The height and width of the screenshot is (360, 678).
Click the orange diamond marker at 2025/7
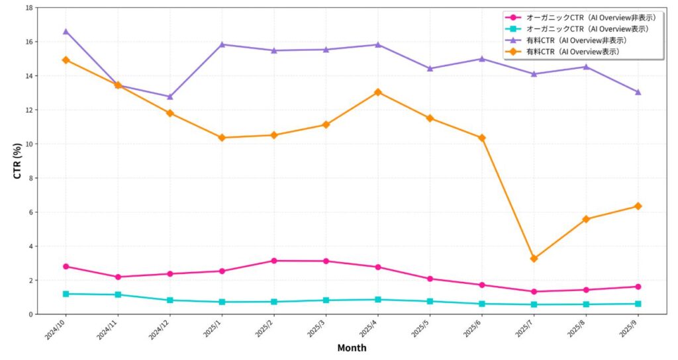534,259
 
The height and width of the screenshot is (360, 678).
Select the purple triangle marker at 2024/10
66,31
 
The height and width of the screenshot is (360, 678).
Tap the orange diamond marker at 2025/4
377,92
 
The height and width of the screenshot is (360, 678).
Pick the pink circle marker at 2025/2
273,261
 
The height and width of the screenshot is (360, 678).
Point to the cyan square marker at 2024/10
66,294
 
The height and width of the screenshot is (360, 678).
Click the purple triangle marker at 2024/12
169,97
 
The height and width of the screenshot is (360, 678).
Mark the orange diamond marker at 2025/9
638,206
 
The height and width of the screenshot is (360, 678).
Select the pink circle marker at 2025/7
534,292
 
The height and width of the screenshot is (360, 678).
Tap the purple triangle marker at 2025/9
638,92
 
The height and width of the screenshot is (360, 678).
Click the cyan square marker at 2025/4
377,300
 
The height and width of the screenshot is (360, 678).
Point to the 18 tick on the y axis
28,8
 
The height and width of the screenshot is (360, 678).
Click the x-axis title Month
352,347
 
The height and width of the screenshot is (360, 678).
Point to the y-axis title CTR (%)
18,161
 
